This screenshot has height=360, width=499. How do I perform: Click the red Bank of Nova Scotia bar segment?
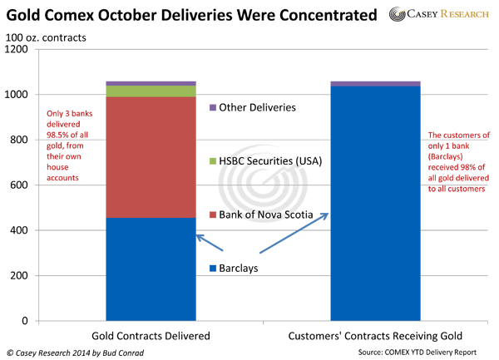tap(151, 157)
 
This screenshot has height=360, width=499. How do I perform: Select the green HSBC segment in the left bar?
tap(151, 91)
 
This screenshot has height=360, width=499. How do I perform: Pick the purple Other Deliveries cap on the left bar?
tap(151, 83)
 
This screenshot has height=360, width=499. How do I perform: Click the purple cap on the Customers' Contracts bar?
tap(375, 83)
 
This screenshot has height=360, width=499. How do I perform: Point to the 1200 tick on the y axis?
tap(17, 49)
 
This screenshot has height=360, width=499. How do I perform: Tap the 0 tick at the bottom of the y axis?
tap(26, 321)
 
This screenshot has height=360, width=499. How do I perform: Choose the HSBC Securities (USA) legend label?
tap(270, 160)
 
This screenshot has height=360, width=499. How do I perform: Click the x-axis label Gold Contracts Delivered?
tap(151, 335)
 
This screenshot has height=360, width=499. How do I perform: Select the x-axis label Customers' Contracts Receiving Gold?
tap(375, 335)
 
